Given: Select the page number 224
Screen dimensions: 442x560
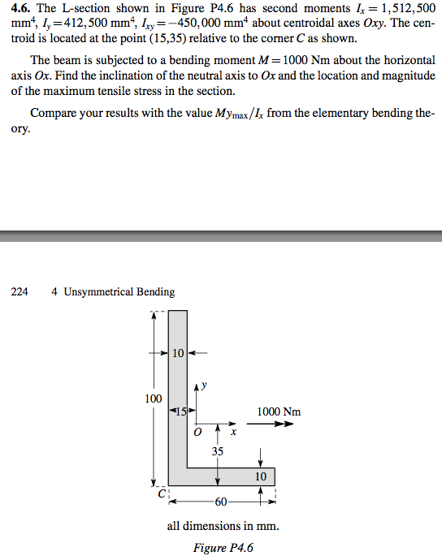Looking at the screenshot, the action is [19, 291].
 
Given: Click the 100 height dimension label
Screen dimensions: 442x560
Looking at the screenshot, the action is [153, 398].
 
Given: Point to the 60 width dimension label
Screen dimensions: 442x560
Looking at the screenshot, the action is [220, 501].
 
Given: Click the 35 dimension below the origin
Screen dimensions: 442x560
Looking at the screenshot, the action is [217, 451].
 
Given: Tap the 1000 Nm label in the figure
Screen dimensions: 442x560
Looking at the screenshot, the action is [279, 411].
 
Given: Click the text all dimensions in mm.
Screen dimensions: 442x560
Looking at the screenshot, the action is [223, 526].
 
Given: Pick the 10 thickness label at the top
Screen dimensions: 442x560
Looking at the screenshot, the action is [179, 352].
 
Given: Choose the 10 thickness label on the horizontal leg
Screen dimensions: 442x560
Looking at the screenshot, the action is [259, 477].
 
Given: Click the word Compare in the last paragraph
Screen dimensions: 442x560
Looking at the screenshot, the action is [54, 114].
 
